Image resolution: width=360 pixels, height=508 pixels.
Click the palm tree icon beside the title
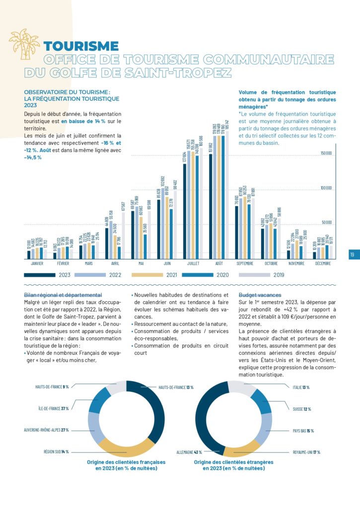[x=24, y=44]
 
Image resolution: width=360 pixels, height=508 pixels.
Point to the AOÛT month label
[x=219, y=264]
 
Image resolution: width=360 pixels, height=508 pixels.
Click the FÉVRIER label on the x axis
[x=63, y=264]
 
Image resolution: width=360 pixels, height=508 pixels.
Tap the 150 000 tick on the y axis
[x=326, y=153]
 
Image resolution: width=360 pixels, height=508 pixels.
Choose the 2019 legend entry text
[x=278, y=274]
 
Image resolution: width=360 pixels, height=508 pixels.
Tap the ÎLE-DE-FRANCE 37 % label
[x=54, y=408]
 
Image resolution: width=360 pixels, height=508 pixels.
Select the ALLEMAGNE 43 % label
[x=189, y=452]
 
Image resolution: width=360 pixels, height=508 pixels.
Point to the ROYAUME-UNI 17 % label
[x=306, y=452]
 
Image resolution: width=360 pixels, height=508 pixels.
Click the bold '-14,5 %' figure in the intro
[x=33, y=157]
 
